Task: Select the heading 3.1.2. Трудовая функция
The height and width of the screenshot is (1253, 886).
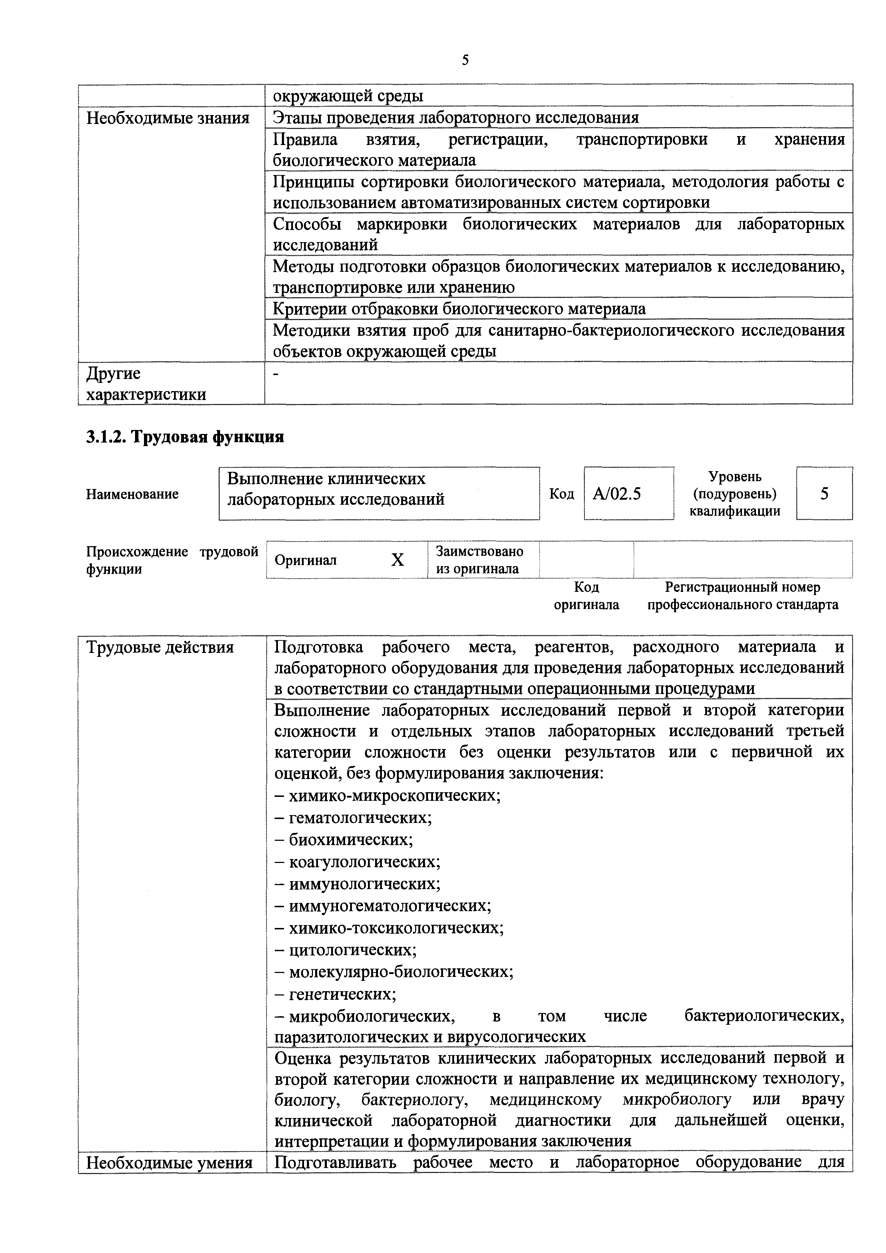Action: click(x=185, y=436)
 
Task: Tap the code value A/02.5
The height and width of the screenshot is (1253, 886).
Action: click(x=617, y=494)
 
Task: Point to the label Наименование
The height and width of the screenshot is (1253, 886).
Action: click(x=132, y=494)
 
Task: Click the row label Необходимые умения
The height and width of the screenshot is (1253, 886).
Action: click(x=169, y=1163)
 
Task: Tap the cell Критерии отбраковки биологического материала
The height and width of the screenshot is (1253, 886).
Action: click(x=459, y=309)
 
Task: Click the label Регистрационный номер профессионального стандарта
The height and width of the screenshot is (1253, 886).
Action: click(x=742, y=596)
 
